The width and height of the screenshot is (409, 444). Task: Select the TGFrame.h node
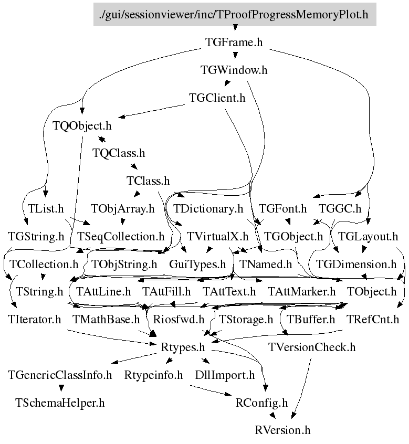(x=234, y=42)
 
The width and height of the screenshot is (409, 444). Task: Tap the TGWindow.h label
(x=234, y=70)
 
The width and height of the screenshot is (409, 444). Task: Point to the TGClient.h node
(x=217, y=98)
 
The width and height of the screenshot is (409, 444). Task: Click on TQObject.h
(x=82, y=126)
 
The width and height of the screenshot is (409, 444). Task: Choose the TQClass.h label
(x=118, y=153)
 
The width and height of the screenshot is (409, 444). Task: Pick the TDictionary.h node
(x=208, y=208)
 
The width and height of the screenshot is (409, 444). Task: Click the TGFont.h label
(x=283, y=208)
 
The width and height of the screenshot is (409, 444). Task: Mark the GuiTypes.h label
(x=197, y=264)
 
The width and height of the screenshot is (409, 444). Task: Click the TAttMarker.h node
(x=301, y=291)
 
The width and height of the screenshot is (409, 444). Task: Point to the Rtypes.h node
(x=182, y=347)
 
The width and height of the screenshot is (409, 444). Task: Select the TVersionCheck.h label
(x=312, y=347)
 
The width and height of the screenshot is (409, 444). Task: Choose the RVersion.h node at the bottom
(x=283, y=430)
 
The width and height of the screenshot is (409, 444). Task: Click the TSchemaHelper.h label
(x=60, y=403)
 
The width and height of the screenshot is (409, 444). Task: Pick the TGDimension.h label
(x=356, y=264)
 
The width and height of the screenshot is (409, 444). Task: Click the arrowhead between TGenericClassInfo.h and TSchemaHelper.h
(x=61, y=388)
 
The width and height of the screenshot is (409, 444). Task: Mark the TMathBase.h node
(x=106, y=319)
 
